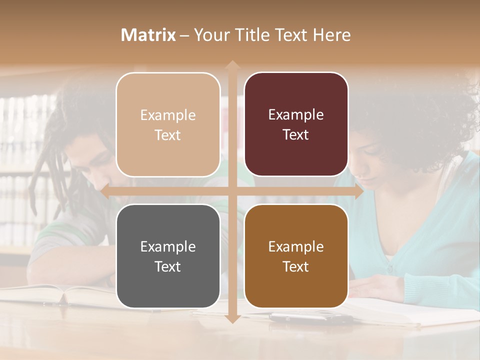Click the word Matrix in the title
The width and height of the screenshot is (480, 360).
148,35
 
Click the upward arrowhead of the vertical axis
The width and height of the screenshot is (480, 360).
232,65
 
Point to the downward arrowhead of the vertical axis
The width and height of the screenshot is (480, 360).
232,318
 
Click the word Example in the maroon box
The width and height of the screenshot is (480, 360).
296,115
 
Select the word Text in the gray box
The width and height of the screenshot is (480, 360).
168,267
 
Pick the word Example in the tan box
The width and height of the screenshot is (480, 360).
168,115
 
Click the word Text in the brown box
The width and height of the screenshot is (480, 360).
296,267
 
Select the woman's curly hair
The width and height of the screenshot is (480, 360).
425,115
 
